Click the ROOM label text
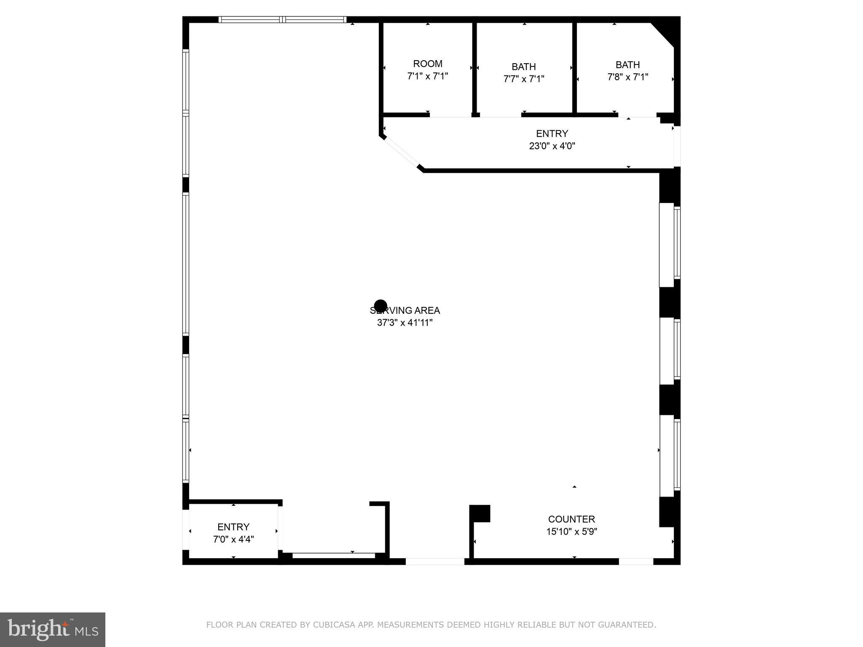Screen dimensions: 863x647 [427, 64]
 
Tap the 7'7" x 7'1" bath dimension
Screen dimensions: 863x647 [524, 79]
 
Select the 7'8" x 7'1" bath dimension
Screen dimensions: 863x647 [627, 77]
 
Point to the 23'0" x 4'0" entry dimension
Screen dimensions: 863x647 [552, 146]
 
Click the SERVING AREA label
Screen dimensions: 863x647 [405, 310]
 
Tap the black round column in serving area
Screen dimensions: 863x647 [381, 306]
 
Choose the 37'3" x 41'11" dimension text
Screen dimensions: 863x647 [405, 323]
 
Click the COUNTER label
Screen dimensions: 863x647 [571, 519]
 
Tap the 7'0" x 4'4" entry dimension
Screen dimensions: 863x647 [233, 540]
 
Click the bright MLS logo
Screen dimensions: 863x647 [53, 630]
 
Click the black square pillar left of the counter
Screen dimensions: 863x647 [480, 513]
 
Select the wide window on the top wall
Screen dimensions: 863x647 [282, 19]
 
